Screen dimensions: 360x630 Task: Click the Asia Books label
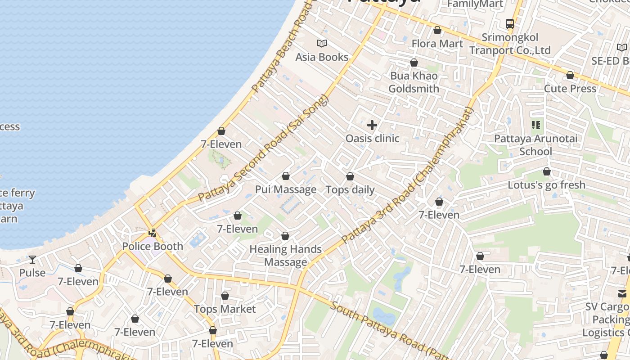tap(322, 57)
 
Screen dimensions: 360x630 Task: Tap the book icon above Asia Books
tap(322, 44)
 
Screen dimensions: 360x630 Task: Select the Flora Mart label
tap(437, 44)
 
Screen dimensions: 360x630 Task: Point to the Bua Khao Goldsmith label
tap(414, 82)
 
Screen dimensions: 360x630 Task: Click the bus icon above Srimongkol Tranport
tap(509, 24)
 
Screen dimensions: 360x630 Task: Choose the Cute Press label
tap(570, 88)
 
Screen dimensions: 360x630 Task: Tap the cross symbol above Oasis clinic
tap(372, 125)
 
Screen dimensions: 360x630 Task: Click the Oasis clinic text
tap(372, 138)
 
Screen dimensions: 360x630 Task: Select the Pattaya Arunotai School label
tap(535, 144)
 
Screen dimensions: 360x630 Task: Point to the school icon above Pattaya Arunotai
tap(535, 125)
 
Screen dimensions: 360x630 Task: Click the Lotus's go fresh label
tap(546, 185)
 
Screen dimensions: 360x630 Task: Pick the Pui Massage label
tap(286, 189)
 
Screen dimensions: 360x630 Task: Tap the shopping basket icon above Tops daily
tap(350, 176)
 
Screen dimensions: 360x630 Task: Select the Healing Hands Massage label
tap(285, 255)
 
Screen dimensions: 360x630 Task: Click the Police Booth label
tap(153, 246)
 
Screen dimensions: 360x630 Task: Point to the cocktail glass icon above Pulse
tap(32, 260)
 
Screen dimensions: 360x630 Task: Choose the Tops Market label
tap(225, 309)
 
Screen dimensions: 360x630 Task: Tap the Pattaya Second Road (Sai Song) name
tap(264, 148)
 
